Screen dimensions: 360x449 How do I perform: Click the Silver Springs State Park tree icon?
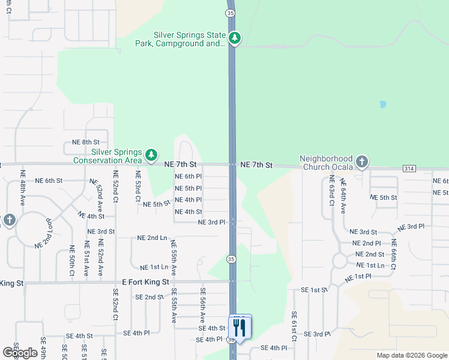point(234,39)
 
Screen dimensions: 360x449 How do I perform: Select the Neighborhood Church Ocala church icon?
point(361,161)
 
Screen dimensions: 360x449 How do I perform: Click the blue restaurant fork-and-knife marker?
point(240,328)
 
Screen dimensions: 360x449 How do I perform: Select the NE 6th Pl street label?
point(188,176)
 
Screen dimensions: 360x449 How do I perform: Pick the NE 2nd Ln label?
point(152,238)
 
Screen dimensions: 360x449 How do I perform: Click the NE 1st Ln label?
point(154,267)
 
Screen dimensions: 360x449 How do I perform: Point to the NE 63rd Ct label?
point(331,191)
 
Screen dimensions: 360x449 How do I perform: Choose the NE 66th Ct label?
point(394,254)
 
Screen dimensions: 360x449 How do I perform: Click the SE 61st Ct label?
point(294,326)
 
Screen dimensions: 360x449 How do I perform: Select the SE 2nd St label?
point(149,297)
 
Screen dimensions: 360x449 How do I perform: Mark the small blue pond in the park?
point(382,104)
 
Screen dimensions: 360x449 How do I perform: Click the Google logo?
point(20,353)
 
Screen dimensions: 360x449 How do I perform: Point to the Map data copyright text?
point(411,355)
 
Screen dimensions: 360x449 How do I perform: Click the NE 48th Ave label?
point(23,191)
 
